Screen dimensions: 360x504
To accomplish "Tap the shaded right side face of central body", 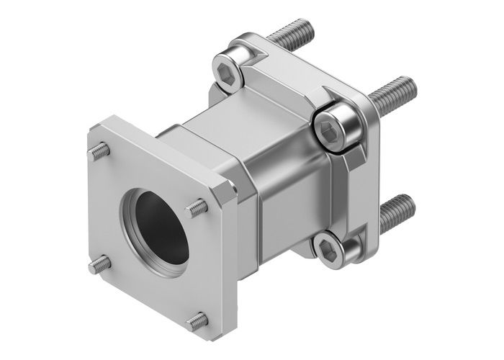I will pos(288,209).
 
